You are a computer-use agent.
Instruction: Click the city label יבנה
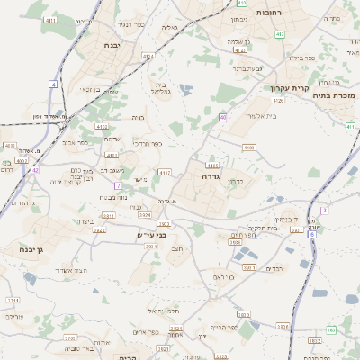pyautogui.click(x=112, y=45)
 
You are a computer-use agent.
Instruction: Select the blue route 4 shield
pyautogui.click(x=53, y=84)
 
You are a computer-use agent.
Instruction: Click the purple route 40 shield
pyautogui.click(x=222, y=117)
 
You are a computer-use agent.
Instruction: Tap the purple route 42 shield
pyautogui.click(x=34, y=169)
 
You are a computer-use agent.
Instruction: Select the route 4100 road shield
pyautogui.click(x=248, y=147)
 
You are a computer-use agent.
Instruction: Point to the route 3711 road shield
pyautogui.click(x=13, y=300)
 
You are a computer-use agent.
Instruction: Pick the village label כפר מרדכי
pyautogui.click(x=148, y=143)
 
